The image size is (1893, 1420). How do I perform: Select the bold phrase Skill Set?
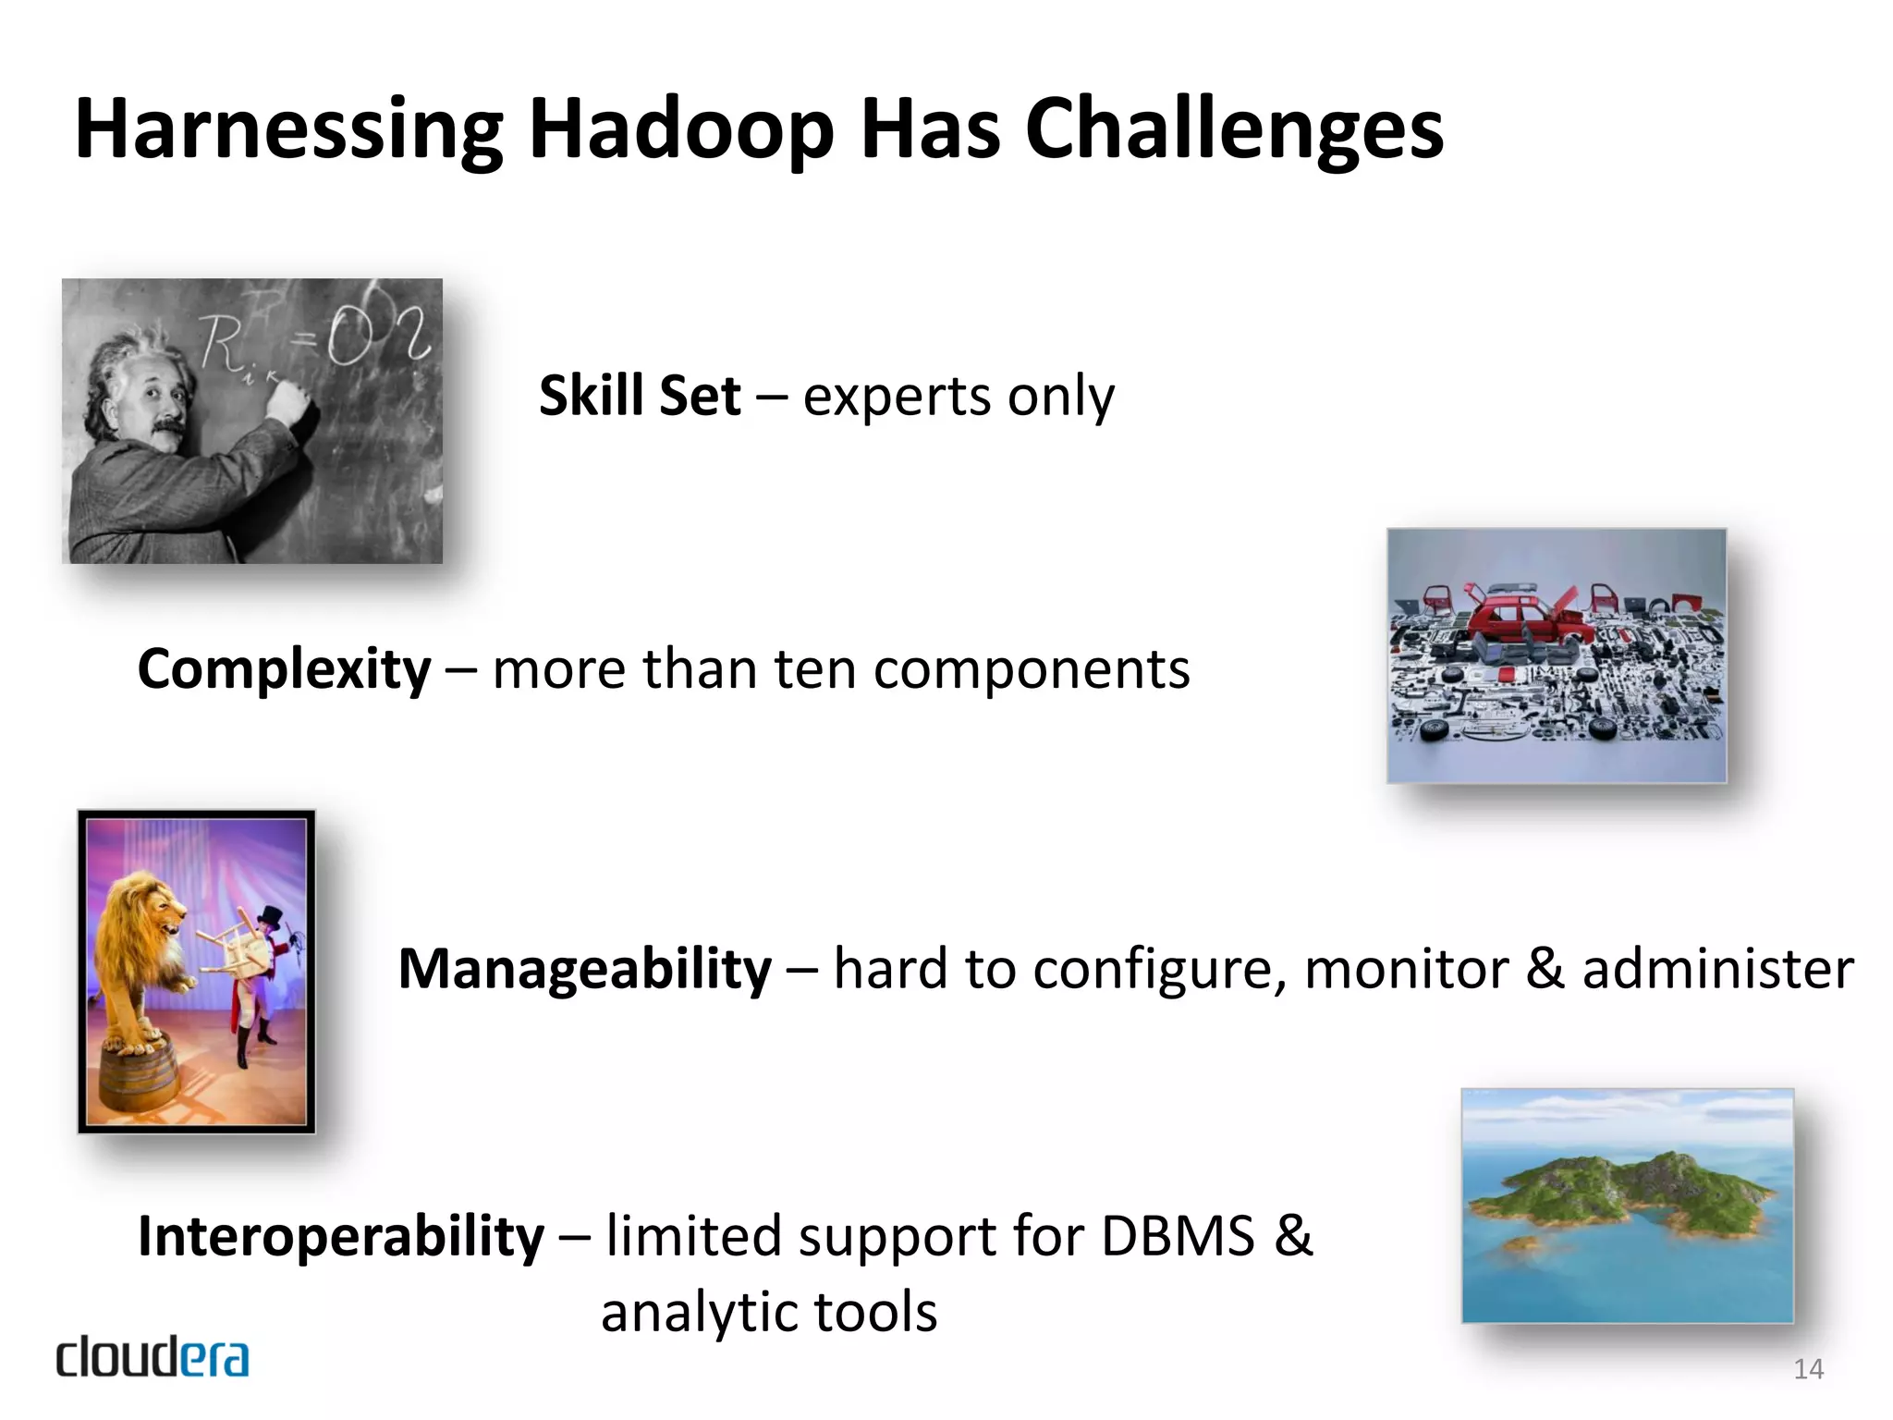[x=640, y=396]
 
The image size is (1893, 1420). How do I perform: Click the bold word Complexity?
[x=284, y=668]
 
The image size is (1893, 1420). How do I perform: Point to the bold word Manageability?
[x=584, y=969]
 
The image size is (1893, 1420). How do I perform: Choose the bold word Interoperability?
[x=341, y=1236]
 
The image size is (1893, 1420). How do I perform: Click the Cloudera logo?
[x=153, y=1357]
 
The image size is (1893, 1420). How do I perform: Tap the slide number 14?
[x=1808, y=1369]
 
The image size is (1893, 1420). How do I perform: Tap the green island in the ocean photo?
[x=1627, y=1193]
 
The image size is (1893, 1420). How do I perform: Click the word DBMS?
[x=1178, y=1236]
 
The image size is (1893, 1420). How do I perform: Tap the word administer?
[x=1717, y=969]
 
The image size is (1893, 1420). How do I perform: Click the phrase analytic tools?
[x=769, y=1311]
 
